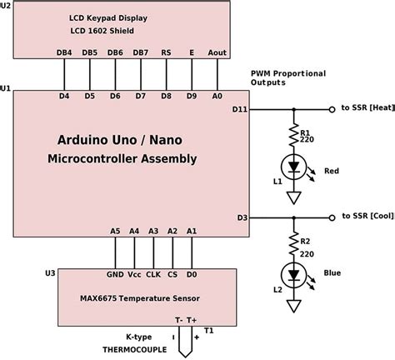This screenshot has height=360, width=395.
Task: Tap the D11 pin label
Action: (x=240, y=108)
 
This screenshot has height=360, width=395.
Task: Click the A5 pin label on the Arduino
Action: (x=115, y=231)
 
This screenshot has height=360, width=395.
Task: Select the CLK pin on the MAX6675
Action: (x=152, y=272)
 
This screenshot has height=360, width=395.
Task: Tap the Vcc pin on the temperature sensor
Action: (x=133, y=272)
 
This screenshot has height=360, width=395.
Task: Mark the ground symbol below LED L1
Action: (x=292, y=197)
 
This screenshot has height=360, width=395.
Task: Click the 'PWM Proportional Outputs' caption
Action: (x=280, y=78)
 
